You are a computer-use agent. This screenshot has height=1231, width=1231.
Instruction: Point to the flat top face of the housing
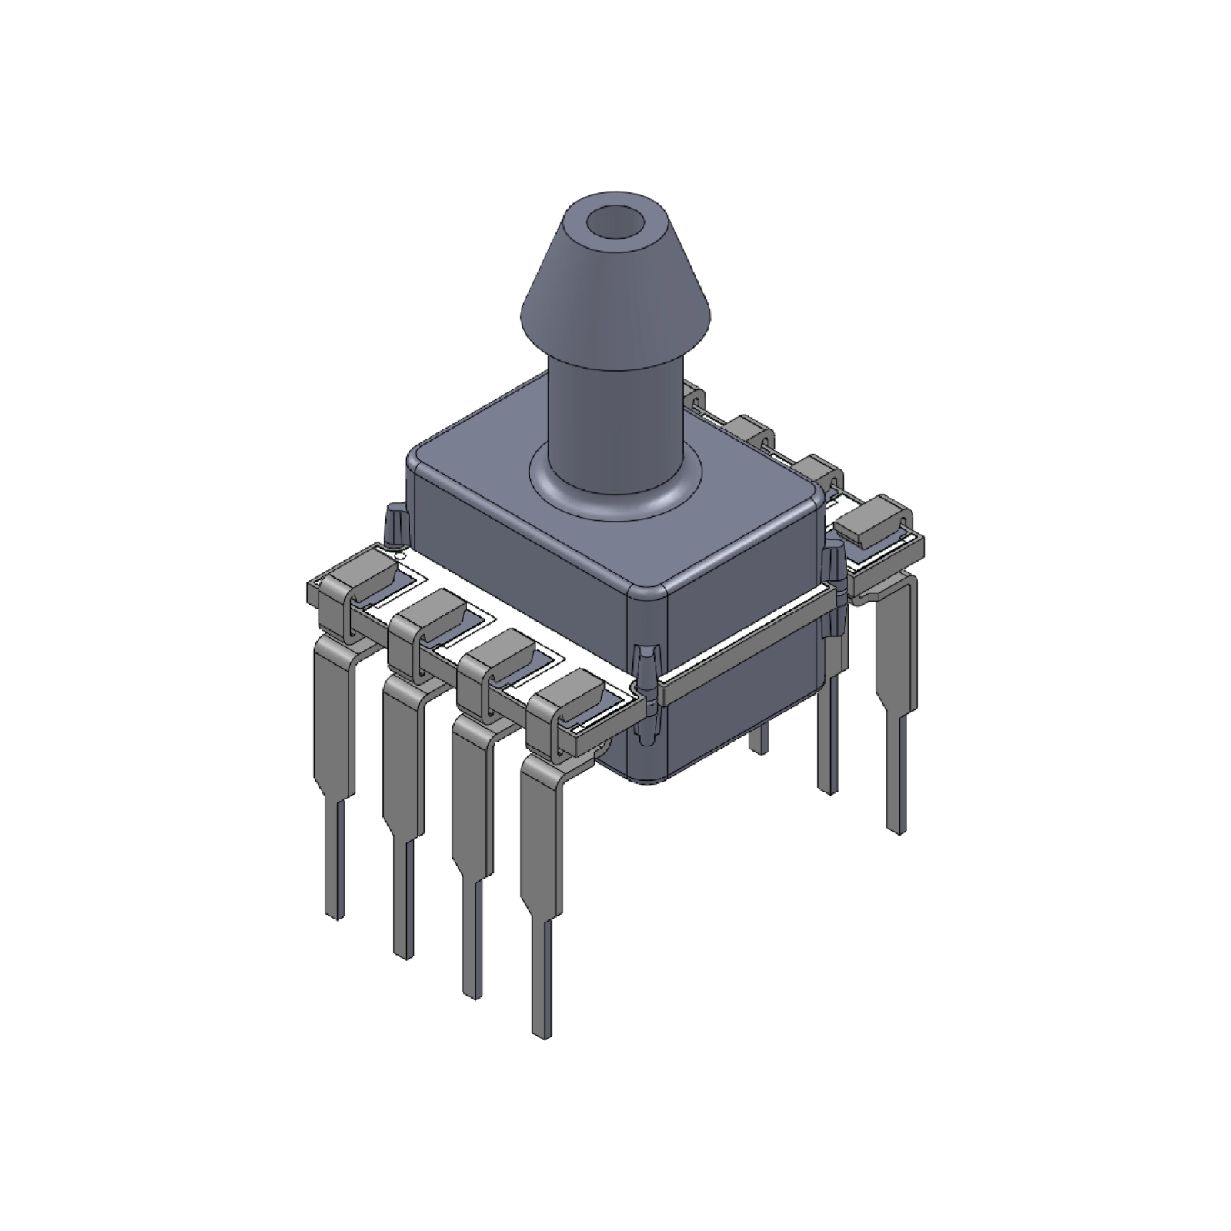(492, 477)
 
